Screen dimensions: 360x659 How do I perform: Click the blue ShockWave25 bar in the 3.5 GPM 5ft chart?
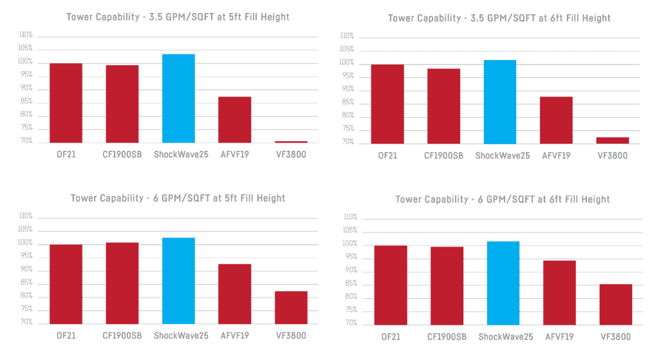pyautogui.click(x=178, y=98)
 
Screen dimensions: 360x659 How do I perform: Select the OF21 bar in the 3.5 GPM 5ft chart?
pyautogui.click(x=66, y=102)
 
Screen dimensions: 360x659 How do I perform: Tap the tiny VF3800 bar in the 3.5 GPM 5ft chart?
pyautogui.click(x=291, y=142)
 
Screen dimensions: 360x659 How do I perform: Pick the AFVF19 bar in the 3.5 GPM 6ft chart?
pyautogui.click(x=556, y=120)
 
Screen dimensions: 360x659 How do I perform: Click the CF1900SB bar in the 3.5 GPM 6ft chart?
pyautogui.click(x=443, y=106)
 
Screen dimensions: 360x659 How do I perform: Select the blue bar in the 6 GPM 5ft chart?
pyautogui.click(x=178, y=281)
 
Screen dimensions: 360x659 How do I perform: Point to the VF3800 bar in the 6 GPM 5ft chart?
pyautogui.click(x=291, y=307)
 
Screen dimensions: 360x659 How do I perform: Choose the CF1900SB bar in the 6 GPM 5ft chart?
pyautogui.click(x=122, y=283)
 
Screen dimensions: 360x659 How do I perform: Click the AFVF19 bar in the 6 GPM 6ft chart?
pyautogui.click(x=559, y=292)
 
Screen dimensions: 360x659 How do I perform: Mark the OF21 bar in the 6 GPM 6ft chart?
pyautogui.click(x=390, y=285)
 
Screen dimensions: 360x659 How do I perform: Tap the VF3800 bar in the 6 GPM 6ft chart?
pyautogui.click(x=616, y=304)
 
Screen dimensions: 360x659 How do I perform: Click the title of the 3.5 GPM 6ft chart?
pyautogui.click(x=499, y=18)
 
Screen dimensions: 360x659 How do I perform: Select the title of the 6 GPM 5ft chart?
pyautogui.click(x=178, y=198)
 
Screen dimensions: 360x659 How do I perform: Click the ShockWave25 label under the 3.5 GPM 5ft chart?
pyautogui.click(x=181, y=154)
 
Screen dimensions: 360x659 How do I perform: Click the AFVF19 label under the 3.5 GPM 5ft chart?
pyautogui.click(x=236, y=154)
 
